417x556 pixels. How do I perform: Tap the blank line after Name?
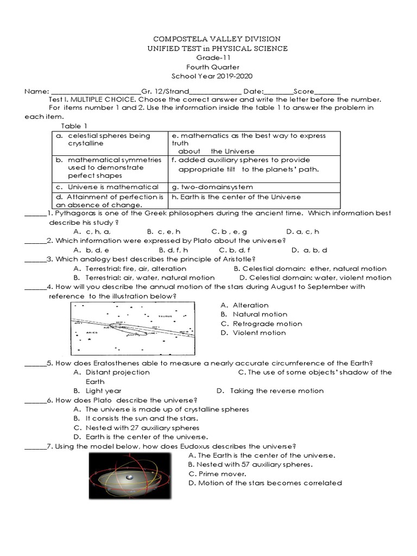pos(96,91)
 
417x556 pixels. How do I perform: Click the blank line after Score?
pos(327,91)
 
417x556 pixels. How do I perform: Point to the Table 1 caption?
pos(77,125)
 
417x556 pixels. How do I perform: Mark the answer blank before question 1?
pos(35,213)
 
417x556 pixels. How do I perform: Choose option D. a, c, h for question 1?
pos(302,231)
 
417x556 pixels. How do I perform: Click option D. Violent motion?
pos(253,333)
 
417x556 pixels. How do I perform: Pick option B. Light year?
pos(97,390)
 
